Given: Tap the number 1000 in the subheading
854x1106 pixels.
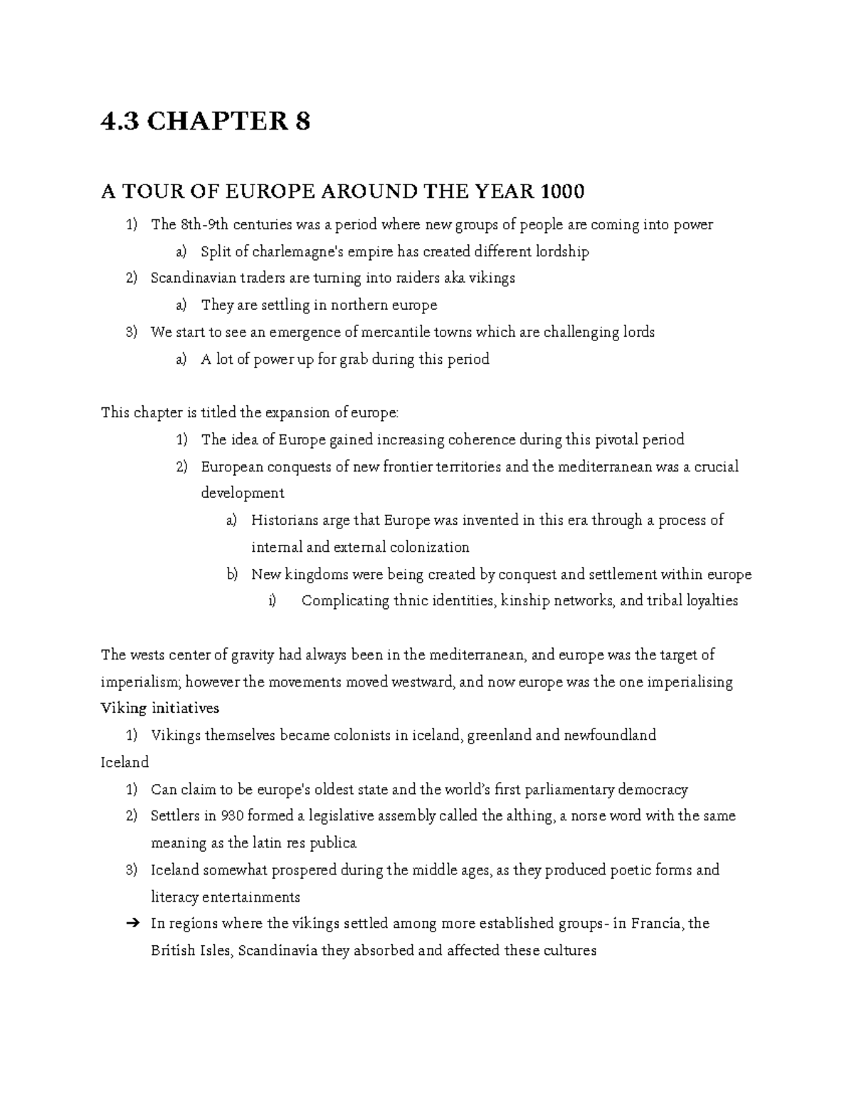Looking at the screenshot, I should click(563, 192).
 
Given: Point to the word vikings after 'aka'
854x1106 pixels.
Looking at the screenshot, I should click(491, 278).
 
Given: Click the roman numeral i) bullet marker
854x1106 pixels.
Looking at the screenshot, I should click(272, 601).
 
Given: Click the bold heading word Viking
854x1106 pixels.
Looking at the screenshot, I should click(124, 709).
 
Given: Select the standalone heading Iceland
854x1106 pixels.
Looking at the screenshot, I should click(125, 762).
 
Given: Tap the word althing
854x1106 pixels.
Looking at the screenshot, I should click(530, 816).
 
